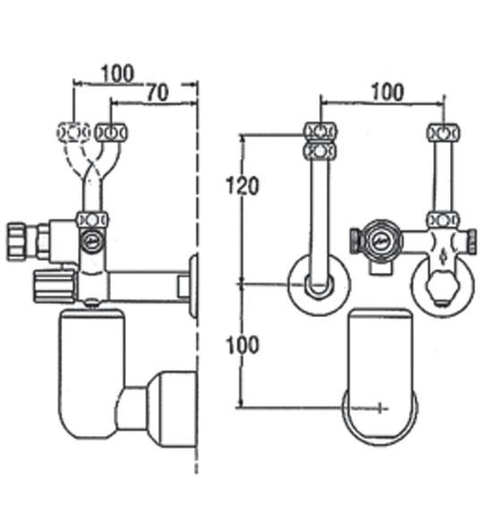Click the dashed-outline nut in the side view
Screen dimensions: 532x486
[x=71, y=133]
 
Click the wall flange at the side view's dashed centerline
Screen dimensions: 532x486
[x=192, y=286]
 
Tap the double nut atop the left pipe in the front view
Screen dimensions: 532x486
[x=319, y=141]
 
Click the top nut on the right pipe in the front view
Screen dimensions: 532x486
[x=439, y=133]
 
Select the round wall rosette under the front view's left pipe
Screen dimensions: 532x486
[x=318, y=285]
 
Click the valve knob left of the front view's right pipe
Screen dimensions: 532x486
[x=358, y=240]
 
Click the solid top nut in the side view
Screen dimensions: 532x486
[x=113, y=133]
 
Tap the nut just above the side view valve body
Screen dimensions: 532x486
[x=92, y=219]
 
